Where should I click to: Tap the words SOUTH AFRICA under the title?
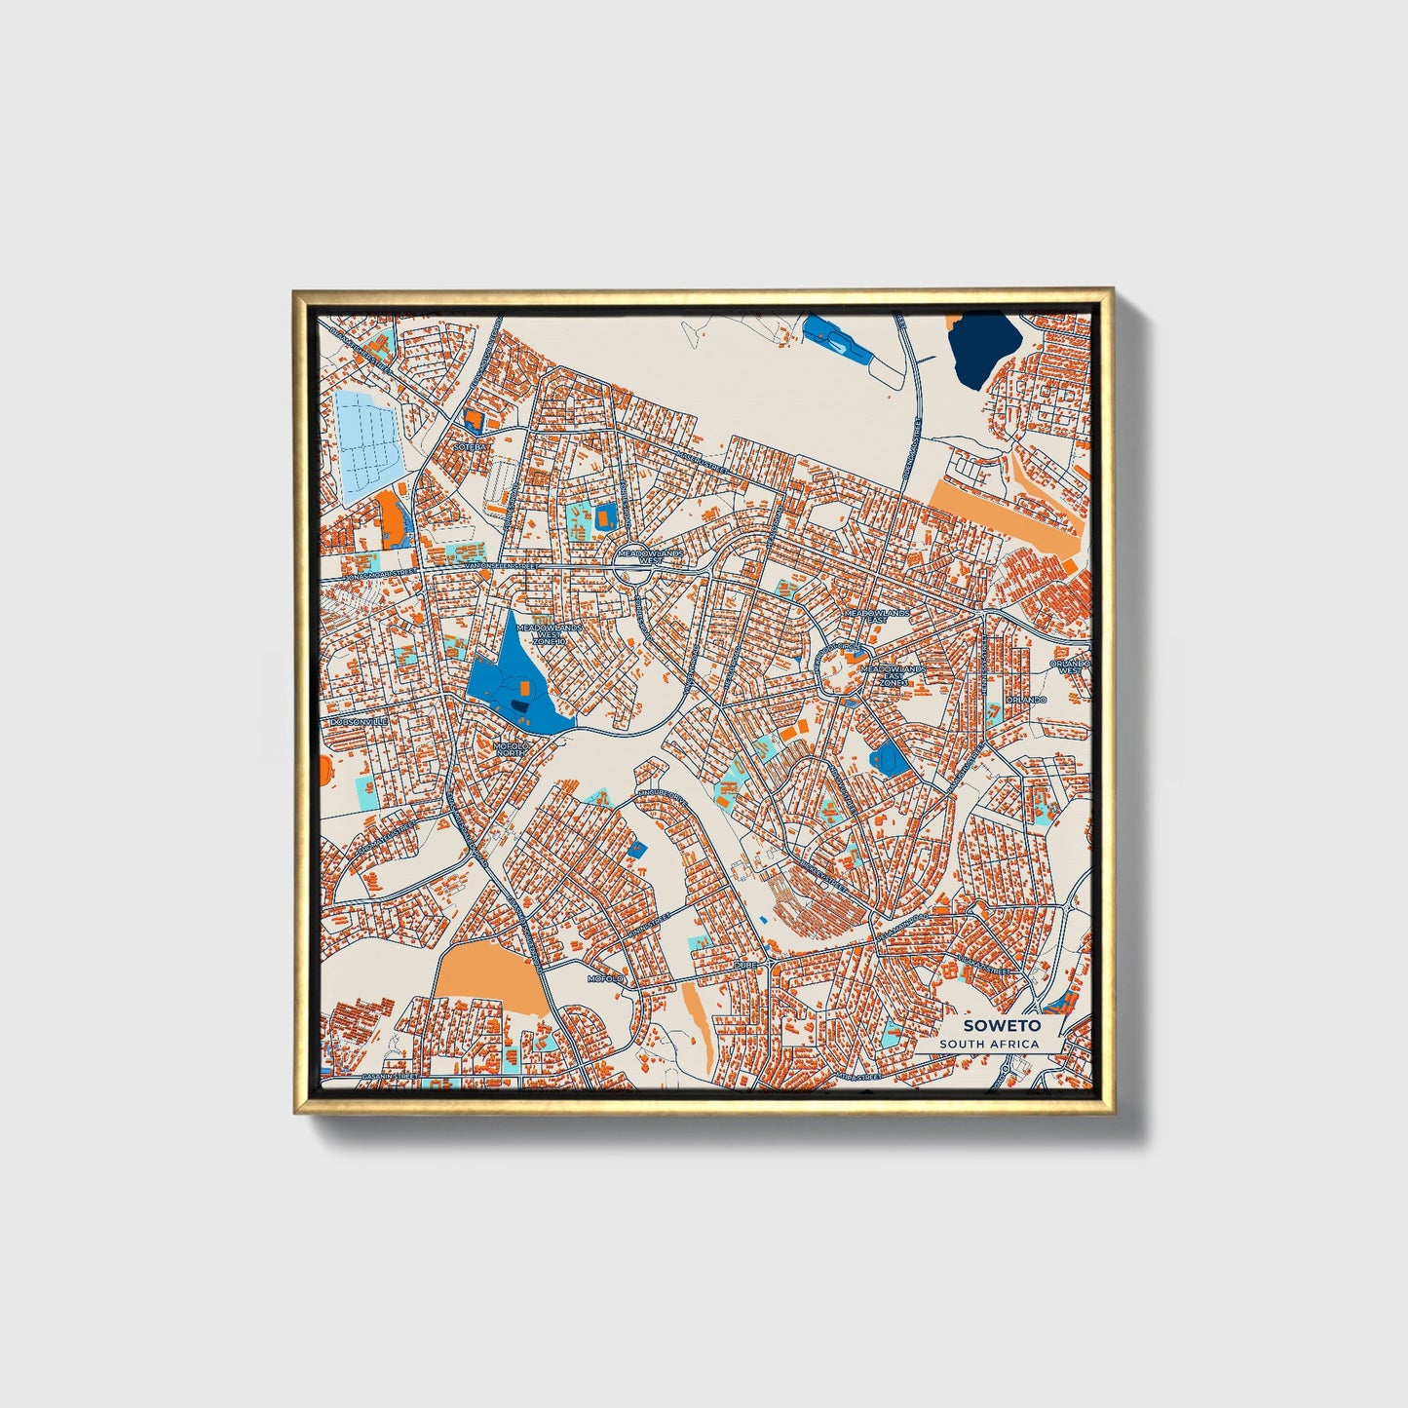pos(989,1045)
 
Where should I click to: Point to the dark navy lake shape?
pos(984,348)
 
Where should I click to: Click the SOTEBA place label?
pos(469,447)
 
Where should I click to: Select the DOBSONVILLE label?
pos(360,721)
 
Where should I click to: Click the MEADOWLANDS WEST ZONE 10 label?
pos(549,633)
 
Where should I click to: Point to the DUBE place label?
pos(745,965)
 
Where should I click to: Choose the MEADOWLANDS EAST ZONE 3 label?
pos(891,675)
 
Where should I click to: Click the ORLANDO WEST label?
pos(1069,667)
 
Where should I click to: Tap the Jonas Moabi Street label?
pos(376,575)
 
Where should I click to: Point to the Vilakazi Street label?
pos(984,966)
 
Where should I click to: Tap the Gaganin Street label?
pos(389,1077)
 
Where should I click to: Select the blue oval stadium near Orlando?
pos(888,756)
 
